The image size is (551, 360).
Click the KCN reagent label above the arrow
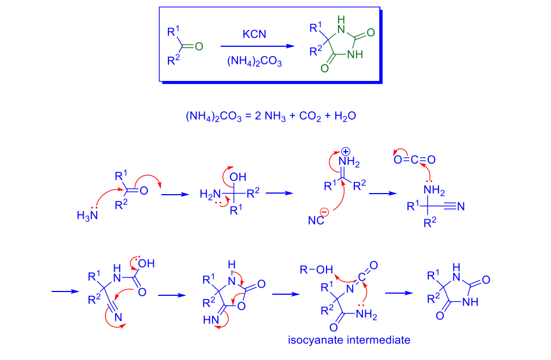(x=254, y=34)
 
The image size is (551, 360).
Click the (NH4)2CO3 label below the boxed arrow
(x=254, y=61)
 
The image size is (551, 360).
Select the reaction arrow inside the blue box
(x=257, y=46)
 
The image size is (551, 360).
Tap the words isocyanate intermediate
(x=349, y=340)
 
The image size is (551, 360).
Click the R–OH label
(x=316, y=270)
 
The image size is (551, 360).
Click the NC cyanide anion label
(x=316, y=220)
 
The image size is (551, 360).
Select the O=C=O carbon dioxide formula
(x=415, y=160)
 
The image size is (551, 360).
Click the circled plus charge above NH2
(x=346, y=152)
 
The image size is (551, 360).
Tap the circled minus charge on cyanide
(x=324, y=212)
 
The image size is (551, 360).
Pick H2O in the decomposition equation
(x=345, y=116)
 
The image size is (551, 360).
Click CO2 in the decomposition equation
(x=310, y=116)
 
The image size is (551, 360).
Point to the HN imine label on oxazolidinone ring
(x=211, y=320)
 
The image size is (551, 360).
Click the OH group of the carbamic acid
(x=146, y=263)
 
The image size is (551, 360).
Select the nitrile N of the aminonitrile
(x=461, y=206)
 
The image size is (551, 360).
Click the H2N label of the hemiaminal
(x=210, y=194)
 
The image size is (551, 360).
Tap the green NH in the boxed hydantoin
(x=355, y=54)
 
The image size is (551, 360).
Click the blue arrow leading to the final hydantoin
(x=399, y=293)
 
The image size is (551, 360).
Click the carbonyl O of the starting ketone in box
(x=199, y=46)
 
